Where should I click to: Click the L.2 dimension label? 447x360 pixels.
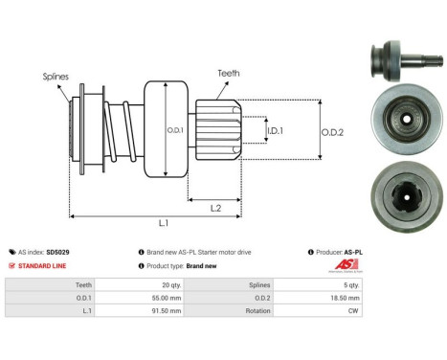point(217,208)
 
